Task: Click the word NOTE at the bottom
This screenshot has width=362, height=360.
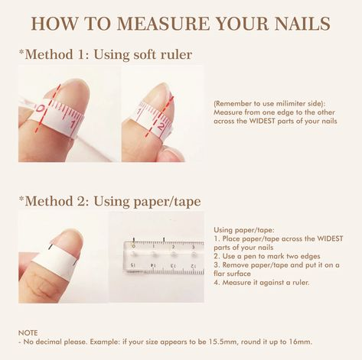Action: tap(27, 333)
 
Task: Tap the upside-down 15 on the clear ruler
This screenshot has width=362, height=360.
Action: tap(133, 265)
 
